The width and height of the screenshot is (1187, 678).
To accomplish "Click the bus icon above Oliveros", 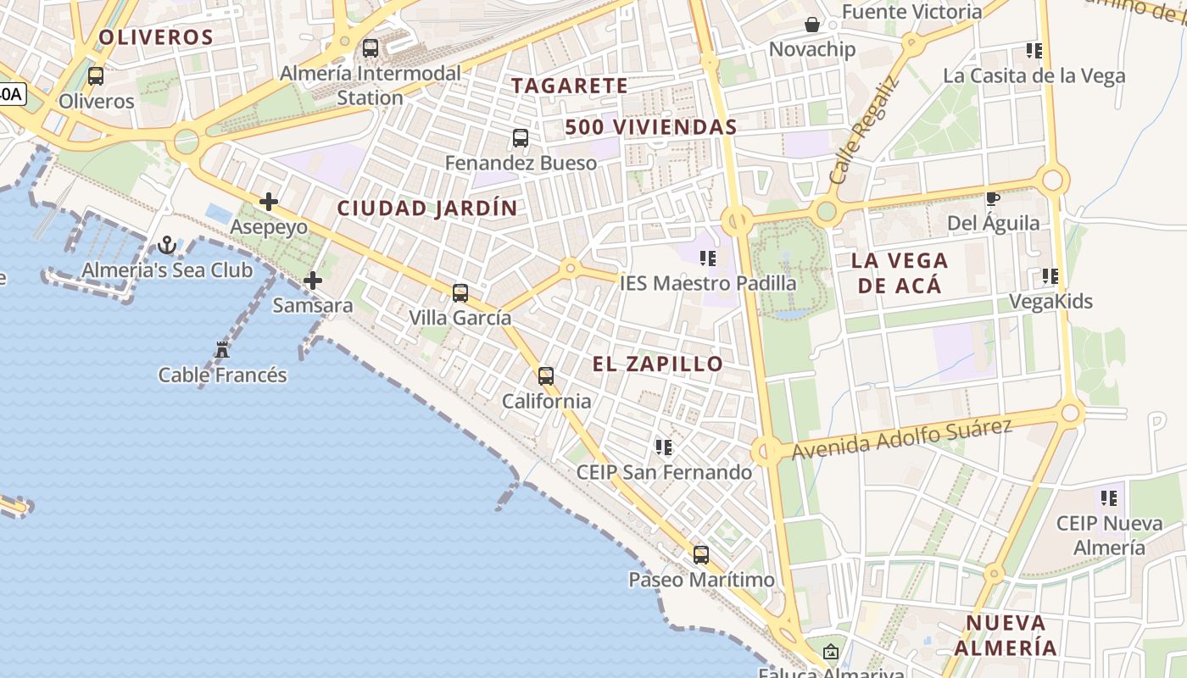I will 96,76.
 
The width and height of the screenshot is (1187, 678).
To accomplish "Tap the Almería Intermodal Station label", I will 371,85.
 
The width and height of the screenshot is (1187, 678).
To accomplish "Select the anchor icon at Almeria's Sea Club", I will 167,246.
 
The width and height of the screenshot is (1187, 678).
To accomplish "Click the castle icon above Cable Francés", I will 222,349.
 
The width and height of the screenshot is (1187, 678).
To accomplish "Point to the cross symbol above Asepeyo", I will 269,202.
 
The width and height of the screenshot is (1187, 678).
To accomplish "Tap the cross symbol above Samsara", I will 313,280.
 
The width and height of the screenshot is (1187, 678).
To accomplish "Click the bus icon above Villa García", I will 460,293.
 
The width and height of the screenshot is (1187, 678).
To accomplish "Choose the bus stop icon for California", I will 546,376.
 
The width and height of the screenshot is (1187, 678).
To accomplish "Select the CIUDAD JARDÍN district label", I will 427,208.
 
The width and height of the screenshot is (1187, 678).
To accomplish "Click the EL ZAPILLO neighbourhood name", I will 658,364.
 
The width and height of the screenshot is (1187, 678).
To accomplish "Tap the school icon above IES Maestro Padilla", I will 708,258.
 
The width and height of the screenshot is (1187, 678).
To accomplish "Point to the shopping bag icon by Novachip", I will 812,25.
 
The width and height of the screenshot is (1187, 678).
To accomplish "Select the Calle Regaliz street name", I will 863,131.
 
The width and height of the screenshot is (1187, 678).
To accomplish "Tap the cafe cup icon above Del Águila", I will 993,199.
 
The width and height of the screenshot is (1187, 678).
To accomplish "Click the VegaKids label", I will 1050,302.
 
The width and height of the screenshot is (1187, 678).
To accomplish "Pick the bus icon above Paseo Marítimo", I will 701,555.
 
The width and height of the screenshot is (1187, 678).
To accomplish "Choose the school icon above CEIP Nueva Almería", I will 1108,498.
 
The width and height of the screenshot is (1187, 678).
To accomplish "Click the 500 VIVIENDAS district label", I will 651,128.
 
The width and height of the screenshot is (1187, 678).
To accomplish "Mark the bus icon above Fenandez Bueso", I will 521,137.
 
